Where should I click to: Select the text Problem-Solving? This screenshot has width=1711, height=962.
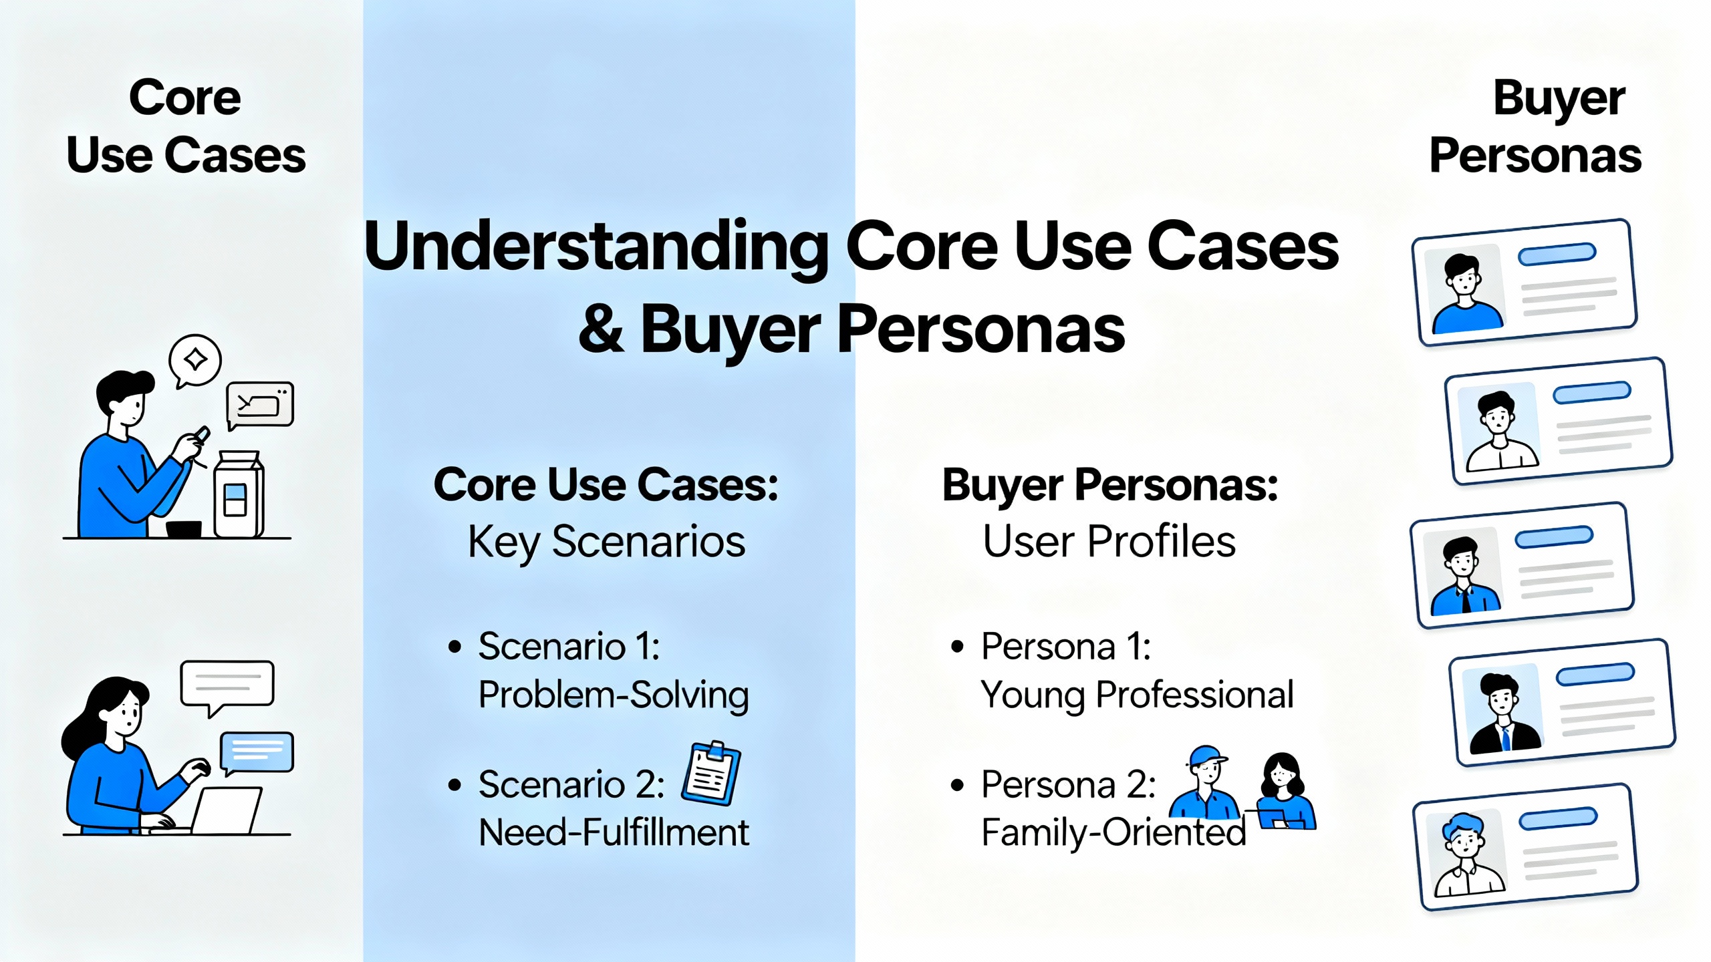click(x=614, y=695)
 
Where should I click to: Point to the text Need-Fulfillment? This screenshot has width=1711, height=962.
click(x=614, y=832)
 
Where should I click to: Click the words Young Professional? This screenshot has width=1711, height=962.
click(x=1137, y=695)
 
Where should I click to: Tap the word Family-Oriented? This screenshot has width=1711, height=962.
click(x=1113, y=833)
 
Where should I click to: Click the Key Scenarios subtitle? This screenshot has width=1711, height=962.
click(x=606, y=542)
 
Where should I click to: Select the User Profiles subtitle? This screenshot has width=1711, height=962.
click(x=1109, y=541)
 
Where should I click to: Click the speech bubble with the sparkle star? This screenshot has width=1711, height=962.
click(x=194, y=361)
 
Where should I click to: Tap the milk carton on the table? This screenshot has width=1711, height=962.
click(x=238, y=494)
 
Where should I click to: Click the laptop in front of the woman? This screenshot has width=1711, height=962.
click(x=225, y=810)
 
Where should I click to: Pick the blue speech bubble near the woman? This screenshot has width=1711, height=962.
click(x=257, y=753)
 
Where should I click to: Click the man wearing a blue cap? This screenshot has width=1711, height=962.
click(x=1204, y=783)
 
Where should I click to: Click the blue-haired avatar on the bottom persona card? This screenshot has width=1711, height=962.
click(x=1467, y=854)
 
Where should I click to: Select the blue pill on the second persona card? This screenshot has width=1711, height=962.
click(x=1591, y=392)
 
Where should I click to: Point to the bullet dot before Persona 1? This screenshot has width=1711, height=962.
click(x=957, y=647)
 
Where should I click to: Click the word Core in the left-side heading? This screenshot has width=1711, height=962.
click(x=185, y=98)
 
